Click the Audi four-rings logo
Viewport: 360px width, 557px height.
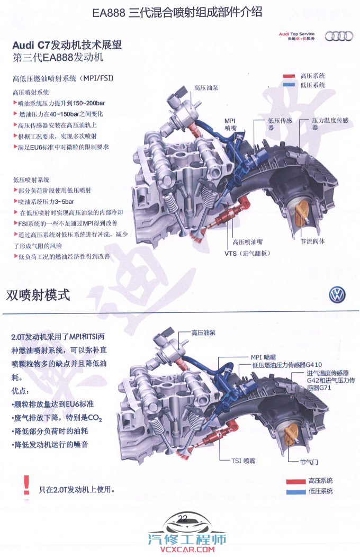click(339, 36)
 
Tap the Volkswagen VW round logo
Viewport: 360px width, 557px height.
click(337, 295)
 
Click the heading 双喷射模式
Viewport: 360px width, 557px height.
click(38, 295)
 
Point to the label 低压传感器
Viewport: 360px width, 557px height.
click(280, 124)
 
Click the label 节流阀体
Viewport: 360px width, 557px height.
click(313, 241)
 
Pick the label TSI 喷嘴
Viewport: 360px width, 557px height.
click(243, 461)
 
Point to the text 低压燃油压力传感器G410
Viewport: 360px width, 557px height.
click(286, 365)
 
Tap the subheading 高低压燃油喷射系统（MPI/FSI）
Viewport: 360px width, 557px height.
click(63, 78)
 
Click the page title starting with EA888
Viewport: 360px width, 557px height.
click(177, 13)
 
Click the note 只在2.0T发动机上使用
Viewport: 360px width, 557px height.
click(77, 490)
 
